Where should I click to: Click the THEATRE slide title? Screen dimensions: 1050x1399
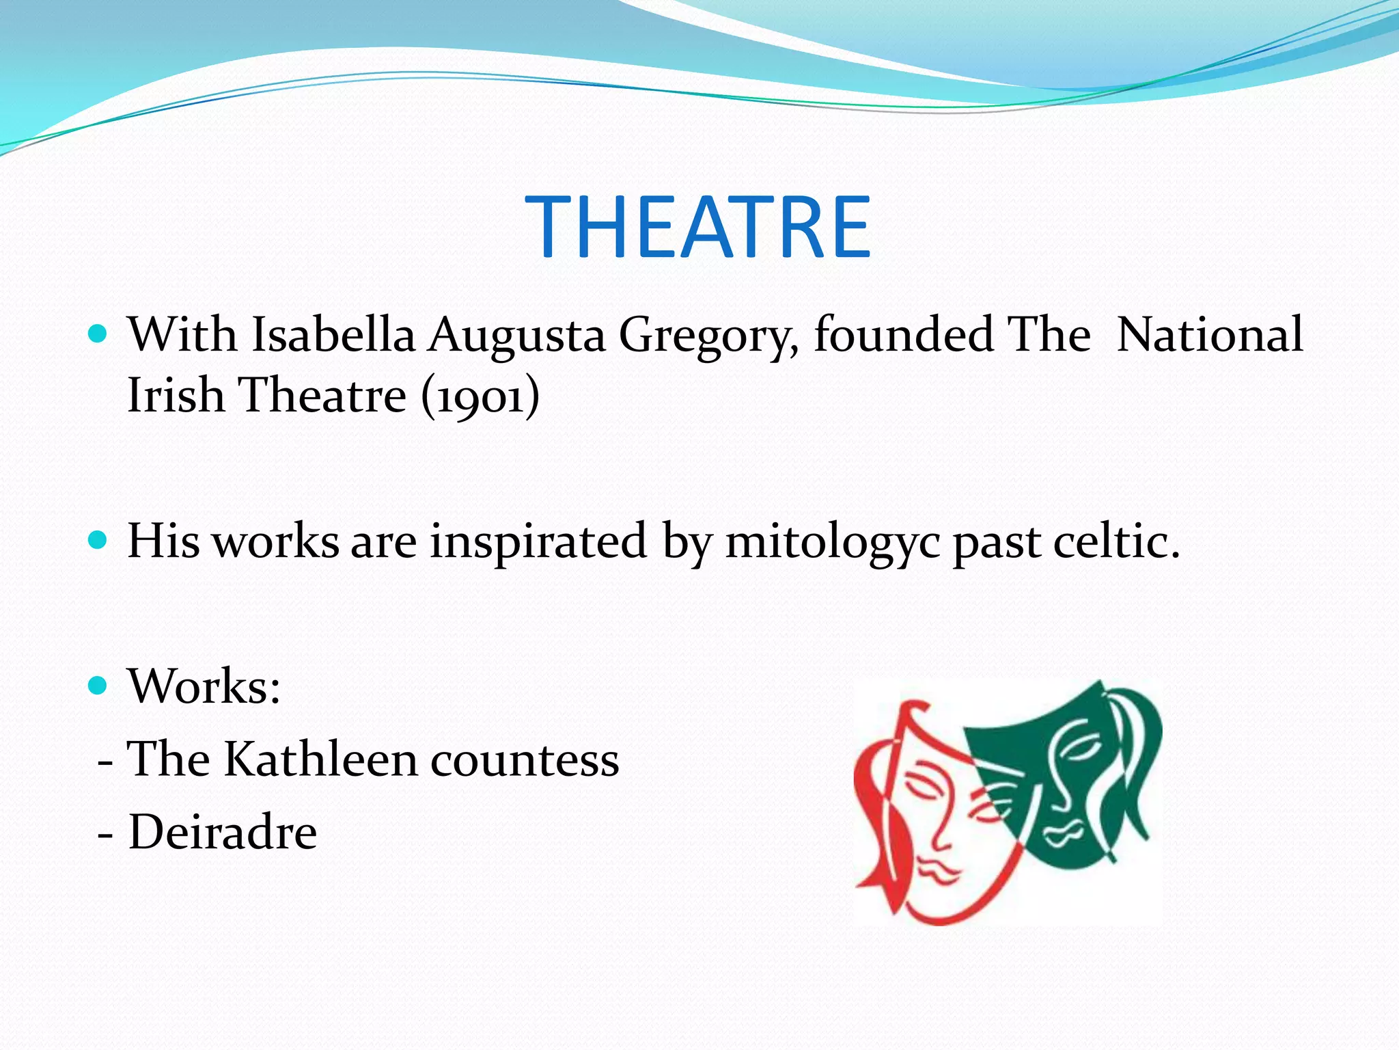coord(698,227)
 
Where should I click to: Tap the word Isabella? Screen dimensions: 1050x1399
coord(333,335)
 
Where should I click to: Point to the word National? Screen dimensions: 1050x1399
coord(1210,335)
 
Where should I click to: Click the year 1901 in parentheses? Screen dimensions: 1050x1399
coord(480,396)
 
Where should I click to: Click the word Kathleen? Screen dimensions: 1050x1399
coord(320,759)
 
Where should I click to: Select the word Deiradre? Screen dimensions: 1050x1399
coord(223,833)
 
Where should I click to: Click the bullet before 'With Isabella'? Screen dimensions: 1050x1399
coord(98,334)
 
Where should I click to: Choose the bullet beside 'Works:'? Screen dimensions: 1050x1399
coord(98,685)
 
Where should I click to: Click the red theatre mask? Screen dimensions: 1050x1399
coord(929,820)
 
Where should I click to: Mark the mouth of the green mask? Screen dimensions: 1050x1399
coord(1061,833)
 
